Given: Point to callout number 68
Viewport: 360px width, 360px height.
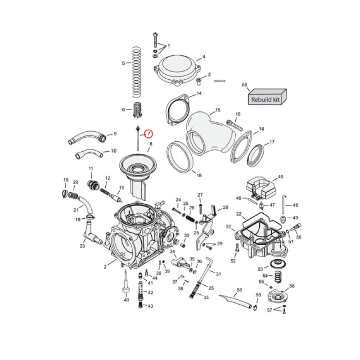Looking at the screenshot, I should coord(245,85).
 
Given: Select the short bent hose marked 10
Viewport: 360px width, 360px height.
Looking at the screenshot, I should coord(89,154).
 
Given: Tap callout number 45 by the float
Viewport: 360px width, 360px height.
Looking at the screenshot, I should coord(280,177).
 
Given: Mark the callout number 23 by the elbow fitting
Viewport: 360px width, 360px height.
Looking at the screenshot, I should coord(82,246).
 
